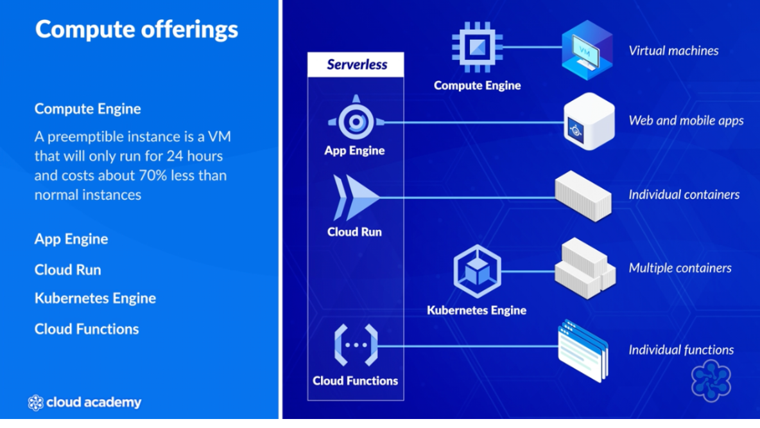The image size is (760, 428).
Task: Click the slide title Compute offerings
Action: (x=136, y=30)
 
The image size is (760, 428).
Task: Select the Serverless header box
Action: (x=356, y=64)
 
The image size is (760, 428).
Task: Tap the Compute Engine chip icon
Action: (x=477, y=47)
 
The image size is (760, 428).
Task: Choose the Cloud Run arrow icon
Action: (x=355, y=198)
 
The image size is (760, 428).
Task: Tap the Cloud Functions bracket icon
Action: (x=355, y=345)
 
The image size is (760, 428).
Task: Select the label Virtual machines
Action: (x=673, y=51)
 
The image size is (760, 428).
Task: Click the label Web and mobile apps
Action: (x=686, y=120)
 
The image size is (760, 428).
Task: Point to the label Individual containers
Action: (x=684, y=195)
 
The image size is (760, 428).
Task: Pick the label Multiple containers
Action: (x=680, y=268)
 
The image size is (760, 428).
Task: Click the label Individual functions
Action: (x=681, y=350)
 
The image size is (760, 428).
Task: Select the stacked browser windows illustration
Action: (x=583, y=350)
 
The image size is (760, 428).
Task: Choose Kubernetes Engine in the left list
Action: (x=95, y=298)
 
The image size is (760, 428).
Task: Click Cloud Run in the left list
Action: (x=67, y=270)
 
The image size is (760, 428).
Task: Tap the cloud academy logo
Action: (x=85, y=403)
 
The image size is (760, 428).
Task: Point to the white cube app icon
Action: (x=588, y=122)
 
